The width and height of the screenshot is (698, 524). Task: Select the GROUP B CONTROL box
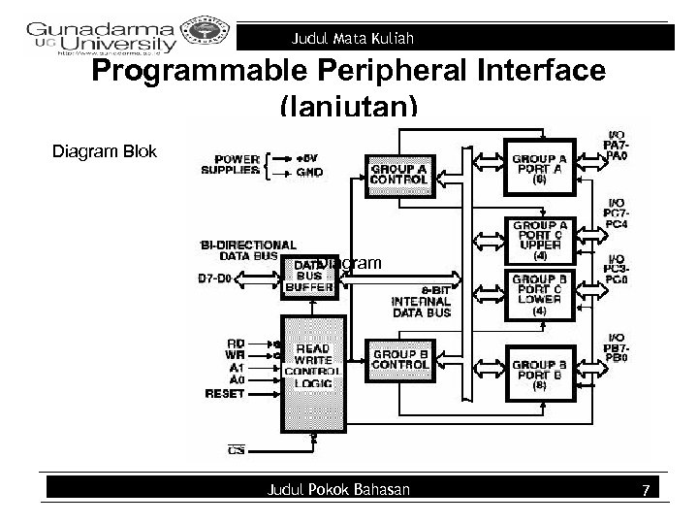click(398, 360)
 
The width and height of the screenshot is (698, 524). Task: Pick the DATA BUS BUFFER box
click(307, 275)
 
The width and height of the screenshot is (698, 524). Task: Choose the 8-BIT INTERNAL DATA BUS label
click(421, 300)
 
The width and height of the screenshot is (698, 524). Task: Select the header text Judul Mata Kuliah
click(354, 39)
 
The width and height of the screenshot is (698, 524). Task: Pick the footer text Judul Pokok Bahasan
click(337, 490)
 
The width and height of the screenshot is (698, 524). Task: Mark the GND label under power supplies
click(309, 173)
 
